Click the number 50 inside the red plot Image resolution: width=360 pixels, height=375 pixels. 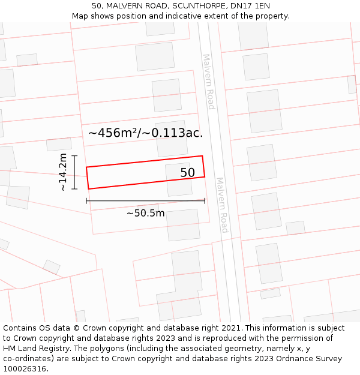click(x=187, y=173)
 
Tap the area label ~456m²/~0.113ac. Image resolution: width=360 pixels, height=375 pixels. click(x=145, y=133)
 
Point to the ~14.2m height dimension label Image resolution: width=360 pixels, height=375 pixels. click(x=63, y=172)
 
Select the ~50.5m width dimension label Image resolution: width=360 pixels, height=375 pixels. click(x=145, y=213)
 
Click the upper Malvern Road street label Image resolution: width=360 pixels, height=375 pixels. click(x=208, y=82)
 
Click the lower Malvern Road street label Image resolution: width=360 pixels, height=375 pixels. click(x=222, y=205)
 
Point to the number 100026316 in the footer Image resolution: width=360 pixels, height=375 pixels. click(x=22, y=369)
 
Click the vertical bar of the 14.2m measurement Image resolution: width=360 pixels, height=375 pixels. click(x=74, y=172)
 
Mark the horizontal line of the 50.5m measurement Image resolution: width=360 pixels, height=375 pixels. click(x=145, y=200)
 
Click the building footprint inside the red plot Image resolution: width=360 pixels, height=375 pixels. click(x=178, y=179)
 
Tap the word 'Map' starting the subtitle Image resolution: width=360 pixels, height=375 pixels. click(x=80, y=16)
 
